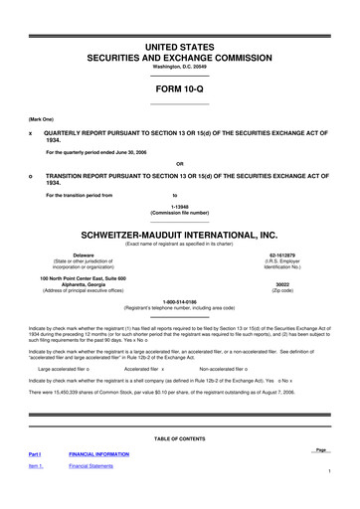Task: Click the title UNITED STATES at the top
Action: coord(180,47)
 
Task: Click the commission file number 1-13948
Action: coord(180,207)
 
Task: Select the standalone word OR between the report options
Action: coord(180,164)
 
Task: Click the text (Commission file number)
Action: coord(180,214)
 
